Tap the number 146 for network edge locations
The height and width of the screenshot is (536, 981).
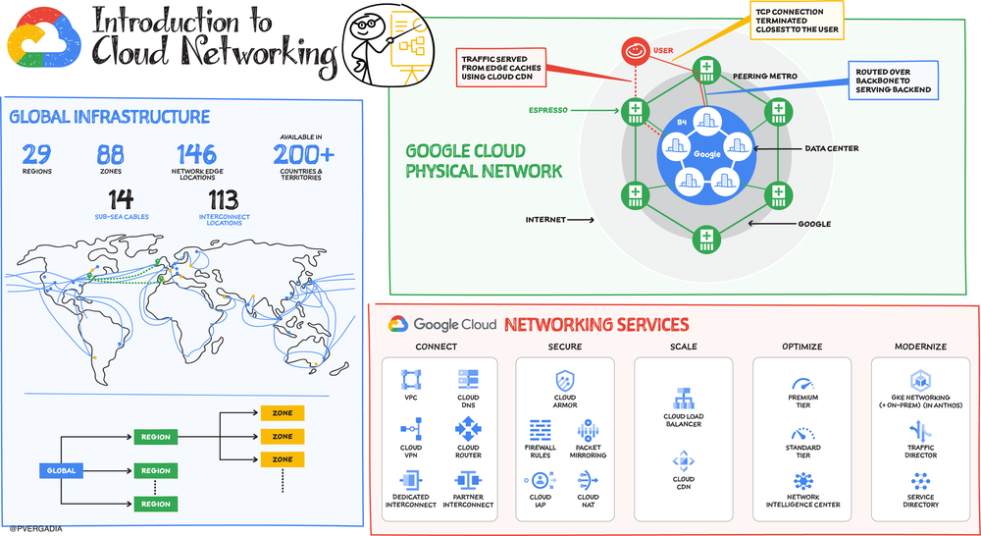(x=196, y=153)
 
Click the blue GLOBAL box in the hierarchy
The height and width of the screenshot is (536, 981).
(x=62, y=470)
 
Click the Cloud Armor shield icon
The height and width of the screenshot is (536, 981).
(x=565, y=380)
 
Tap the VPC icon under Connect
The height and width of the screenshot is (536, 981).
(x=411, y=380)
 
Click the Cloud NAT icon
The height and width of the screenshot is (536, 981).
(x=588, y=480)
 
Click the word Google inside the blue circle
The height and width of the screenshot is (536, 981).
(x=706, y=154)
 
